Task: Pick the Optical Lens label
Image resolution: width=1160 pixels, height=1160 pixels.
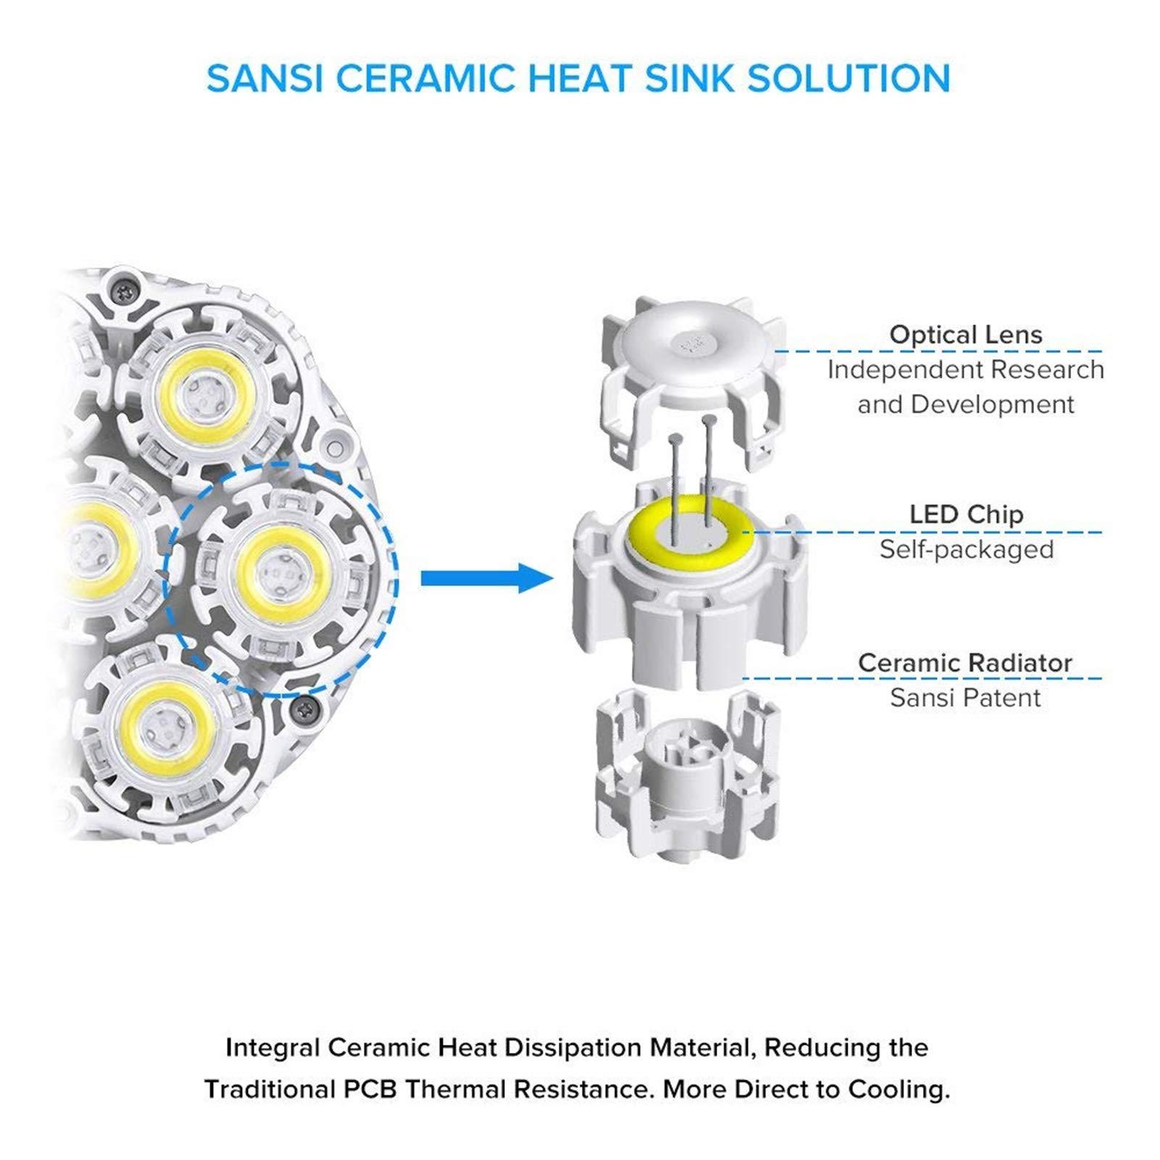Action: [965, 335]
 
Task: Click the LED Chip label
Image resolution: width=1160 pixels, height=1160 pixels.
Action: [966, 514]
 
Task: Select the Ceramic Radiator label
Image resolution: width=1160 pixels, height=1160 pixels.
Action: [965, 663]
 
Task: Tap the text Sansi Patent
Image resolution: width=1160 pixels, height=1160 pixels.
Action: [965, 698]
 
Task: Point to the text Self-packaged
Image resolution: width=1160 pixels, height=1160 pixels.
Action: [966, 549]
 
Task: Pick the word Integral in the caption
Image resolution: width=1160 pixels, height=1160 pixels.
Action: [272, 1048]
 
